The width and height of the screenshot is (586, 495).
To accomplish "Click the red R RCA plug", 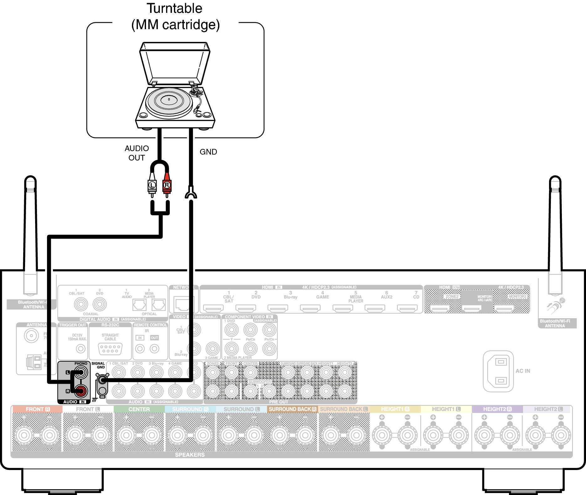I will pos(167,185).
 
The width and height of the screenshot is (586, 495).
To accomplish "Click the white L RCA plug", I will pos(152,185).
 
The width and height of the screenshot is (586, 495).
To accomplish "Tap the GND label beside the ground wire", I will pos(208,152).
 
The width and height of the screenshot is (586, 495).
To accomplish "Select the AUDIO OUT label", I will pos(137,153).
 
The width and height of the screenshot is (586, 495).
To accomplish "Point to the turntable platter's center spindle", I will pos(169,99).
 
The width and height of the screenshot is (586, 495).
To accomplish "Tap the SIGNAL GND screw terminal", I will pos(102,380).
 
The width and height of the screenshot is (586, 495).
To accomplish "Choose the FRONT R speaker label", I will pos(38,409).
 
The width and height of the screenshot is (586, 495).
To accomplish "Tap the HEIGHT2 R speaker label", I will pos(497,409).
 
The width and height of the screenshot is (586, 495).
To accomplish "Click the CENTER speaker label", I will pos(139,409).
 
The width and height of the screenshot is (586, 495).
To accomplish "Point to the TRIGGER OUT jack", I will pos(81,348).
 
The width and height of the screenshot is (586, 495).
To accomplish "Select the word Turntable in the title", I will pos(175,8).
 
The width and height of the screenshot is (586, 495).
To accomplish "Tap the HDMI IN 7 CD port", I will pos(407,308).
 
